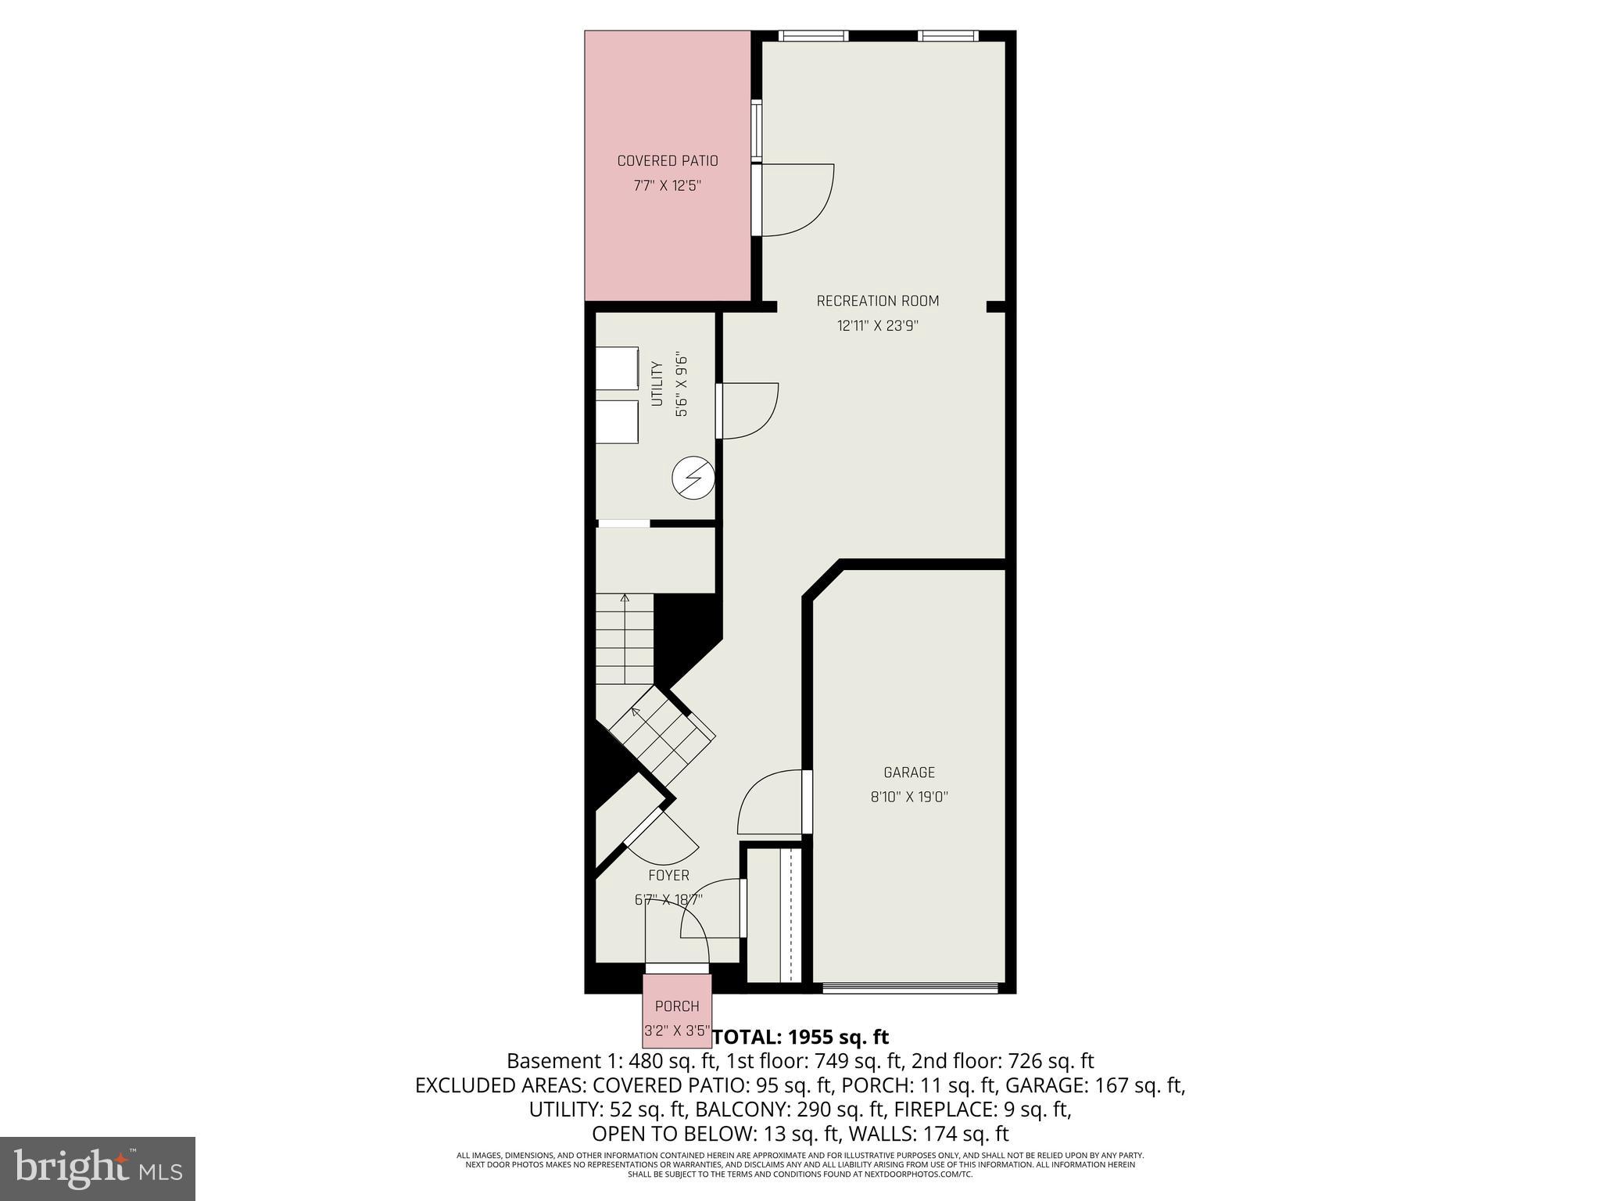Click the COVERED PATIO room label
pos(668,161)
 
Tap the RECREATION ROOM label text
pos(877,301)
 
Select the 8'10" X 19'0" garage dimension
pos(909,798)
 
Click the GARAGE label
pos(909,773)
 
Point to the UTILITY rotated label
pos(657,383)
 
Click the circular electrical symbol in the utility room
pos(693,479)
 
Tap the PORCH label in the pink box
pos(677,1006)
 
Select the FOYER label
pos(668,876)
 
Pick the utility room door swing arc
pos(748,410)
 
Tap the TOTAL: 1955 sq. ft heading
pos(800,1037)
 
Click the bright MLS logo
pos(98,1168)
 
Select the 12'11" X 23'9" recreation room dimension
pos(877,326)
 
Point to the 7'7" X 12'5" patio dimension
pos(668,186)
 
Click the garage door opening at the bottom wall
pos(911,988)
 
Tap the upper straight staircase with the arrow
pos(625,637)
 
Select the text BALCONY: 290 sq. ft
pos(790,1110)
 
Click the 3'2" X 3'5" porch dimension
pos(677,1031)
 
